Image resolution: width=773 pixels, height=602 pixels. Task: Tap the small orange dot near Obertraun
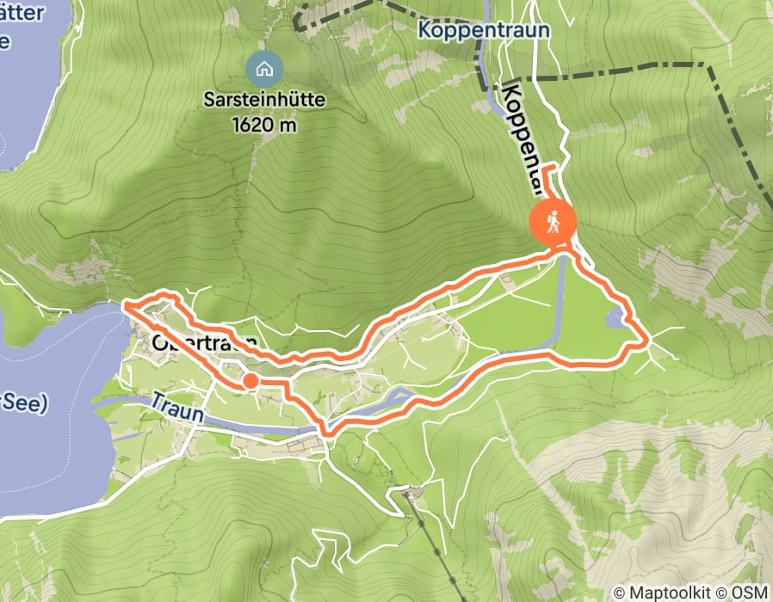click(x=250, y=380)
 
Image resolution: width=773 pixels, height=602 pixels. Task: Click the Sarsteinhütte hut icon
click(x=263, y=67)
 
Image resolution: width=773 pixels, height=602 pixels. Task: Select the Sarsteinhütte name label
click(x=264, y=100)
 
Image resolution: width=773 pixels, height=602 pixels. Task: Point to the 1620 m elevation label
click(x=263, y=124)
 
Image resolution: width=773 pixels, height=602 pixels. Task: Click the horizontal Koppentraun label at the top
click(x=484, y=31)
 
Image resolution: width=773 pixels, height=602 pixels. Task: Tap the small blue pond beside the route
click(x=616, y=319)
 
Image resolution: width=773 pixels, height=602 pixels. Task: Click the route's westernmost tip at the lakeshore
click(x=125, y=304)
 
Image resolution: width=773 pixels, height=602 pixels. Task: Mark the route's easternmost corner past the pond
click(x=646, y=343)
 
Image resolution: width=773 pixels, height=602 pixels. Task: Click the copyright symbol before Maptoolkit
click(x=620, y=593)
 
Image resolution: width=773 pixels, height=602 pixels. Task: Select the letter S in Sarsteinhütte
click(x=208, y=100)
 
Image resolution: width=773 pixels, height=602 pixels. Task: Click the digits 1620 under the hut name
click(x=250, y=124)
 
